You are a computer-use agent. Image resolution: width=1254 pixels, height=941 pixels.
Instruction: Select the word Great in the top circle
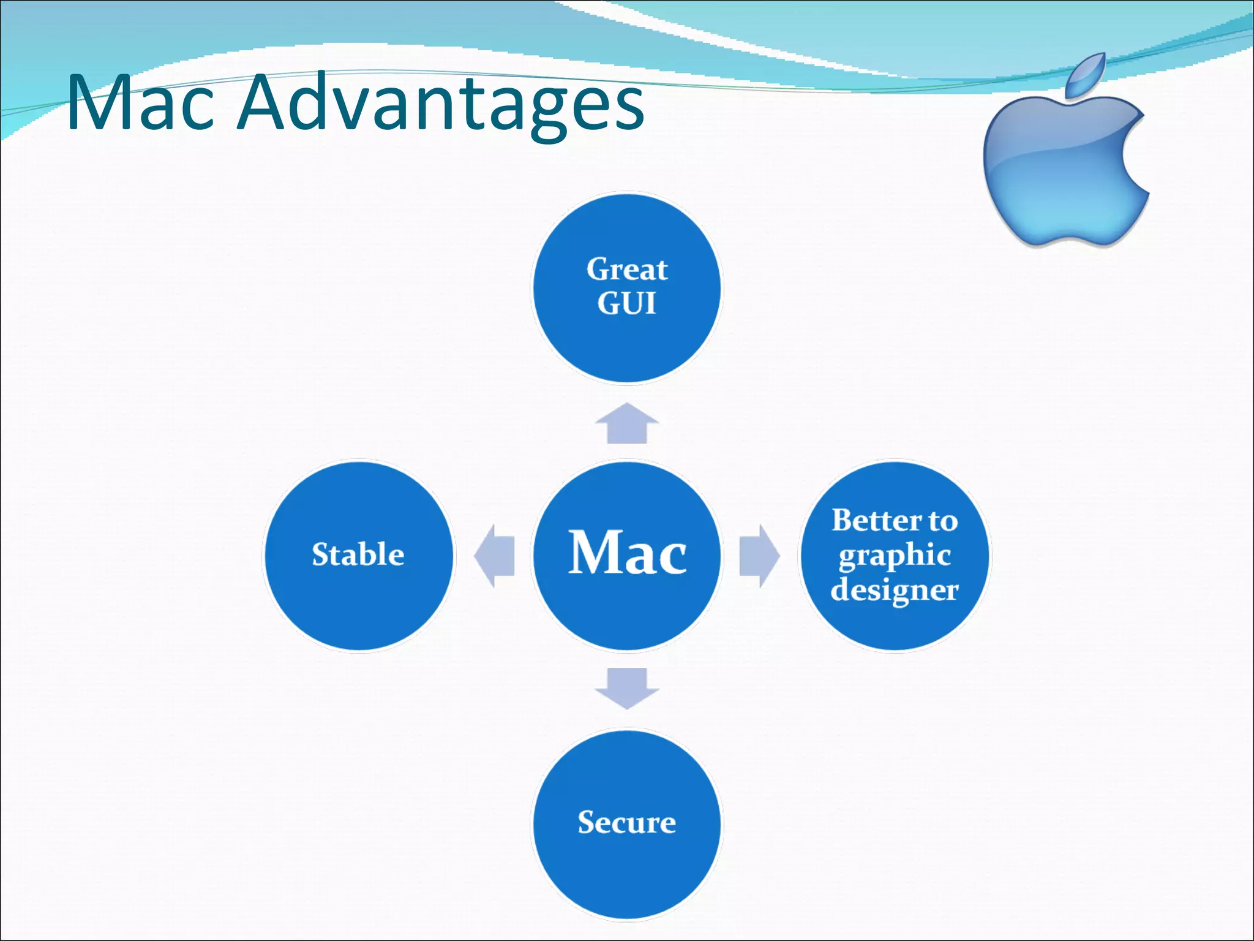[x=627, y=269]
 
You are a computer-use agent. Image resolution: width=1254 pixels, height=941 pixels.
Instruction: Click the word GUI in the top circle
[x=626, y=303]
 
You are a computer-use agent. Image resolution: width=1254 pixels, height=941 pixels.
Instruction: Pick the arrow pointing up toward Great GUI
[x=626, y=423]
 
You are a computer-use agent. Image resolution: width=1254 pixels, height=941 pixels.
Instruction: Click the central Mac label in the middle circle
[x=627, y=553]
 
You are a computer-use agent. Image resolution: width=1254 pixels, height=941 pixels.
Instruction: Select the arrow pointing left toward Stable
[x=495, y=556]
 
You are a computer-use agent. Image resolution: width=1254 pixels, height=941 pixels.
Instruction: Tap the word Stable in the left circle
[x=358, y=554]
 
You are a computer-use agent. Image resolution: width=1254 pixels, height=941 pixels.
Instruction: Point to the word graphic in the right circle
[x=895, y=556]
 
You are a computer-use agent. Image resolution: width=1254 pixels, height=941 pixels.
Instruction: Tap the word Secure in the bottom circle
[x=627, y=822]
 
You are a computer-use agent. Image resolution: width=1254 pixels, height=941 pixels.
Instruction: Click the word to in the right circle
[x=944, y=521]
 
